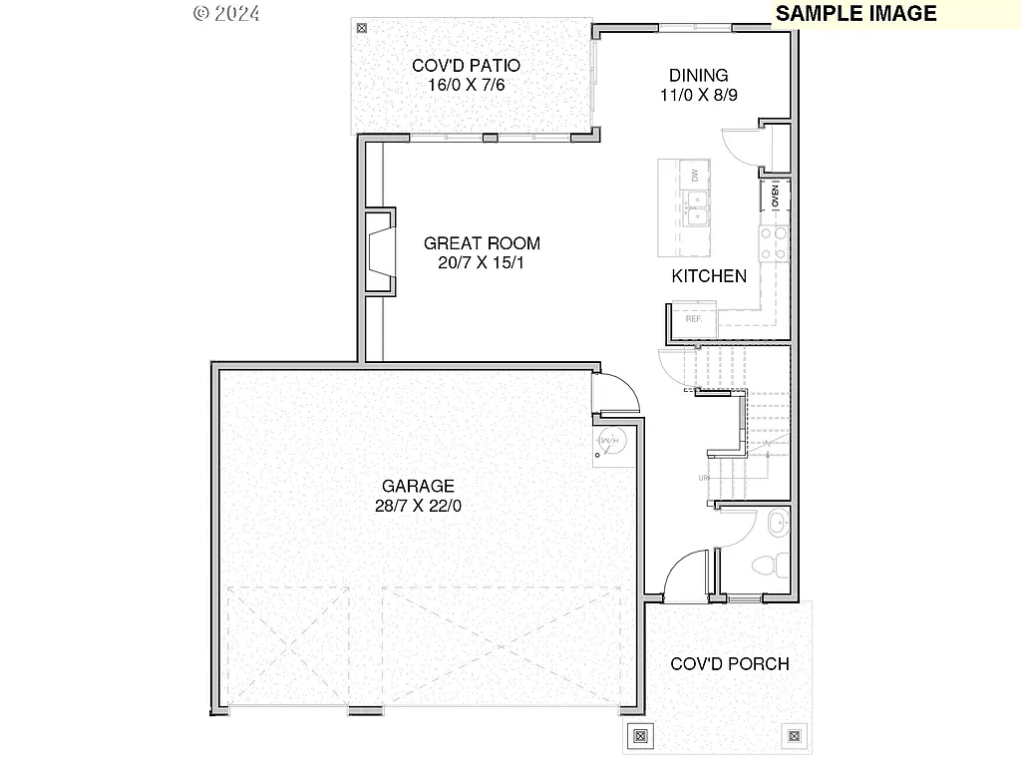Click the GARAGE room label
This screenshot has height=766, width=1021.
click(x=418, y=486)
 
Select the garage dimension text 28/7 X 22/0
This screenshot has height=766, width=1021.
click(x=418, y=506)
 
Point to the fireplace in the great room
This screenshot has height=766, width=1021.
click(x=380, y=251)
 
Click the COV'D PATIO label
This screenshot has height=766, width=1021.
click(x=466, y=66)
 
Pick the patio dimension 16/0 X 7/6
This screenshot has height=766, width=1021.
click(x=466, y=85)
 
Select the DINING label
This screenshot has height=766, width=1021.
click(x=698, y=75)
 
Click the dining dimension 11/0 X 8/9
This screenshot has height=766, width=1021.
click(x=698, y=95)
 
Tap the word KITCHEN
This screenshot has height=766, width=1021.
click(x=708, y=276)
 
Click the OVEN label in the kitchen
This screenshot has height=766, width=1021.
click(x=776, y=195)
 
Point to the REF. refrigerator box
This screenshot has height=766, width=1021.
click(x=694, y=320)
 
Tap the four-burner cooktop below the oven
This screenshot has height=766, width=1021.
click(x=775, y=242)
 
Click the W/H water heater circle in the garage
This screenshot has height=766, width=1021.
click(x=609, y=440)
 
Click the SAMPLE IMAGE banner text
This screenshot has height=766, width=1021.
click(x=855, y=13)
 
